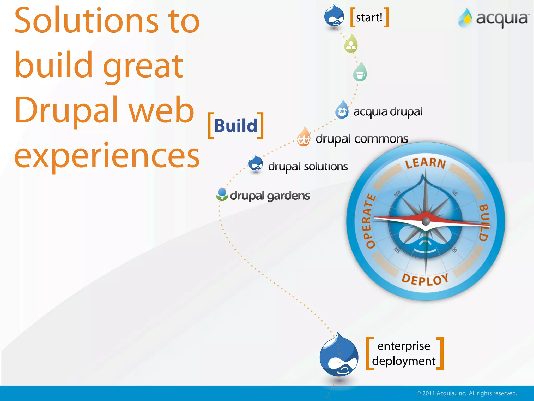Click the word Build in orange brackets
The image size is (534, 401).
pos(236,126)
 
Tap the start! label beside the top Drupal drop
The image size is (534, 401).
pos(369,18)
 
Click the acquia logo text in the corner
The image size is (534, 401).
pos(502,19)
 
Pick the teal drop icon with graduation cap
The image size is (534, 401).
pos(360,73)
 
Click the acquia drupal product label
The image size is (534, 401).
pos(388,112)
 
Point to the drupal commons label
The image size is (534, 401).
pos(362,139)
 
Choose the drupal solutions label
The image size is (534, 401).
pos(308,167)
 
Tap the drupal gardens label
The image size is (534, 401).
pos(270,196)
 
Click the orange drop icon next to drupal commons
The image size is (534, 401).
pos(304,137)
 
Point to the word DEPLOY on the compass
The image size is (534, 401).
pos(425,279)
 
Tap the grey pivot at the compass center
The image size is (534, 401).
pos(426,221)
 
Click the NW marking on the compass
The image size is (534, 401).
pos(397,193)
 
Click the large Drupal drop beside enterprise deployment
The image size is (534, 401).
pos(339,356)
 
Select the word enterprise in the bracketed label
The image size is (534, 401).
pos(404,346)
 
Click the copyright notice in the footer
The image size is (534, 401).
pos(467,393)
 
